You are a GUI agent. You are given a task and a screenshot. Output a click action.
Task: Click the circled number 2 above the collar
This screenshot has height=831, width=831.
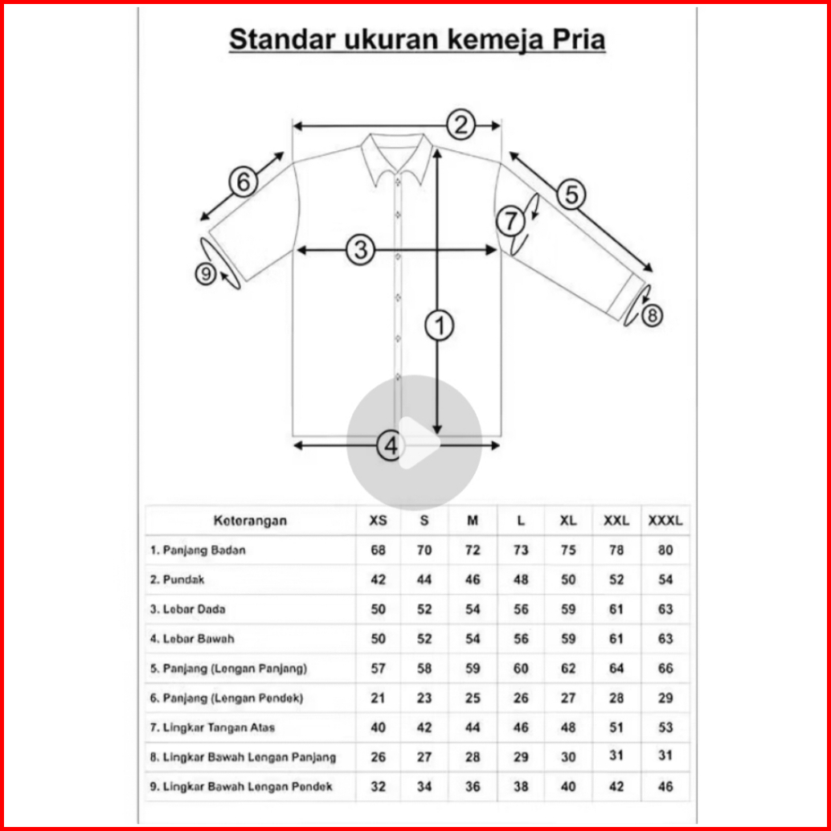point(461,125)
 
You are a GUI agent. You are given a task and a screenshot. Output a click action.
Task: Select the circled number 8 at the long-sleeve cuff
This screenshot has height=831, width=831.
point(651,315)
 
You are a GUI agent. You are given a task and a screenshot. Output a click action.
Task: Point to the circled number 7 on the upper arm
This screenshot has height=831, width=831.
point(510,220)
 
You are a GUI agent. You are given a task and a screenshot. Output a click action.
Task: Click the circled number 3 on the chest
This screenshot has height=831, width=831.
point(361,250)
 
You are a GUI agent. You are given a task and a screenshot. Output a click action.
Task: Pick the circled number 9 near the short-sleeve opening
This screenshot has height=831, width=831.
point(206,275)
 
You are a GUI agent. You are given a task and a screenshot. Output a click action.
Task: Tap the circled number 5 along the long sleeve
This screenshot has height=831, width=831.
point(571,194)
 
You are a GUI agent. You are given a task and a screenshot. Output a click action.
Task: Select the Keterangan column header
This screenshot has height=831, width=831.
point(250,520)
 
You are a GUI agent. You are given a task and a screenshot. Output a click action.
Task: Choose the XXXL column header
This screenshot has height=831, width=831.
point(665,521)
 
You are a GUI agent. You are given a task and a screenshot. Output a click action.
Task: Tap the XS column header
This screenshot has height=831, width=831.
point(378,521)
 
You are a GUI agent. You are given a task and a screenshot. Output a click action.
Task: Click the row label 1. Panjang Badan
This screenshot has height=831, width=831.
point(198,551)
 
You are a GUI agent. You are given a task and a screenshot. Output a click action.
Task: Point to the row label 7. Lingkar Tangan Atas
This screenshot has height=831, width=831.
point(212,727)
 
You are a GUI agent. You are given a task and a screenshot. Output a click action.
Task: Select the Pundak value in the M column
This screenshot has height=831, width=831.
point(473,579)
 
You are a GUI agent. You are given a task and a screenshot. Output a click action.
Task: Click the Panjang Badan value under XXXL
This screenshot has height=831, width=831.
point(665,551)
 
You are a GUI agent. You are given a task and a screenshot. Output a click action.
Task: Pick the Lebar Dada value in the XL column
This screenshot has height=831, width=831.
point(568,609)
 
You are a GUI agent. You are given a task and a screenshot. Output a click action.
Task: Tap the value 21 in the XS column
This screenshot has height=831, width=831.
point(378,698)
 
